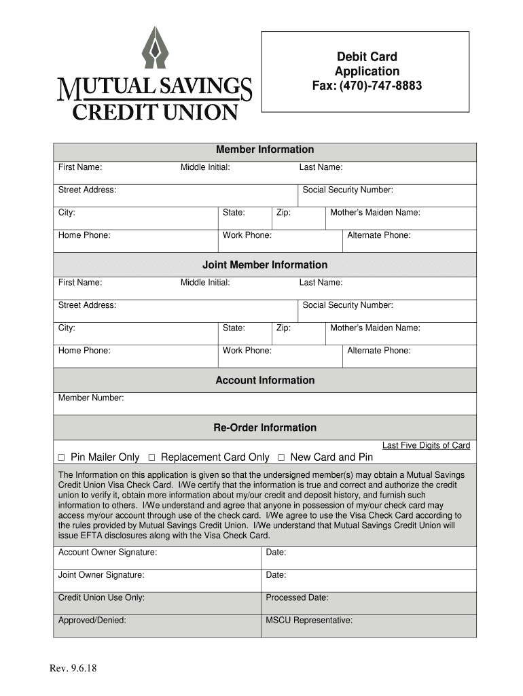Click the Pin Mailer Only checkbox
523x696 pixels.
[x=61, y=457]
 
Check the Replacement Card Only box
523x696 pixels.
[x=152, y=457]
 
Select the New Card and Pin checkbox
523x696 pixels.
[x=281, y=457]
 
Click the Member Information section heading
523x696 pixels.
[x=265, y=150]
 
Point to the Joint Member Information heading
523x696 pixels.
[x=265, y=265]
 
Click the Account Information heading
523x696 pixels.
[x=265, y=381]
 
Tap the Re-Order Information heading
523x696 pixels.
[x=265, y=428]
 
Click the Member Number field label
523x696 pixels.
[x=91, y=398]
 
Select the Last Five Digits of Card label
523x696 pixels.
[x=426, y=446]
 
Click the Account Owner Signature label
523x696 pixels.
[x=107, y=553]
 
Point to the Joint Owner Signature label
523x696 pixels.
[x=101, y=575]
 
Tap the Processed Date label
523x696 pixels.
[x=297, y=598]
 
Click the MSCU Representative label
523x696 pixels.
[x=309, y=621]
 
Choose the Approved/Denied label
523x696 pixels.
[x=92, y=621]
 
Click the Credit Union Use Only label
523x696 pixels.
[x=101, y=598]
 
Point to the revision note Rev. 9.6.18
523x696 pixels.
[x=73, y=668]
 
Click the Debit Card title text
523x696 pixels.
[x=366, y=57]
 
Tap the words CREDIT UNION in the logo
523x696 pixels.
[x=155, y=111]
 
